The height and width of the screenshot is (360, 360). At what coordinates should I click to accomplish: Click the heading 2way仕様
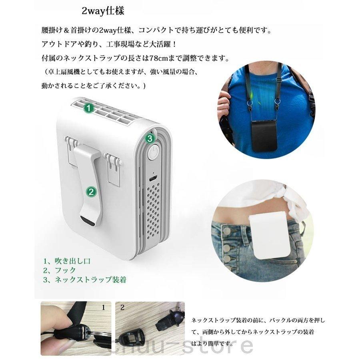(103, 10)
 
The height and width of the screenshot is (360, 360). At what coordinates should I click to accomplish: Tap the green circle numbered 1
(89, 108)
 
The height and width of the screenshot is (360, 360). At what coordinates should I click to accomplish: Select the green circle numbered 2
(91, 192)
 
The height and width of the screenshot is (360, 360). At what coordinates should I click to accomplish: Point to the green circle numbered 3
(149, 138)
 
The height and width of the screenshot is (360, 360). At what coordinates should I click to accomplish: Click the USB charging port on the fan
(152, 177)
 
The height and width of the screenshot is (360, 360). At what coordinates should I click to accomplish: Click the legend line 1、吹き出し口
(67, 261)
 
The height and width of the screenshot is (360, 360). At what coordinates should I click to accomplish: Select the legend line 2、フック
(60, 270)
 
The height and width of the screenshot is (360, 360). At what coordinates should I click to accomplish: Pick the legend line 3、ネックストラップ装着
(85, 280)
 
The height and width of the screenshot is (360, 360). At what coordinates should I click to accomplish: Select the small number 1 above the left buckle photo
(104, 308)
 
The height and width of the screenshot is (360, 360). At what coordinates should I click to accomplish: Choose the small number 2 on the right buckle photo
(122, 308)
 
